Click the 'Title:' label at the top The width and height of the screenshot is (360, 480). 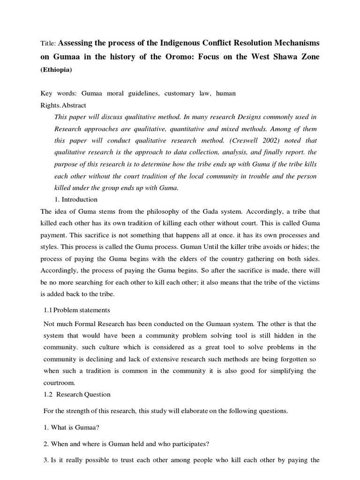[48, 43]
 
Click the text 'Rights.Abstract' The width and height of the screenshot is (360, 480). [63, 105]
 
